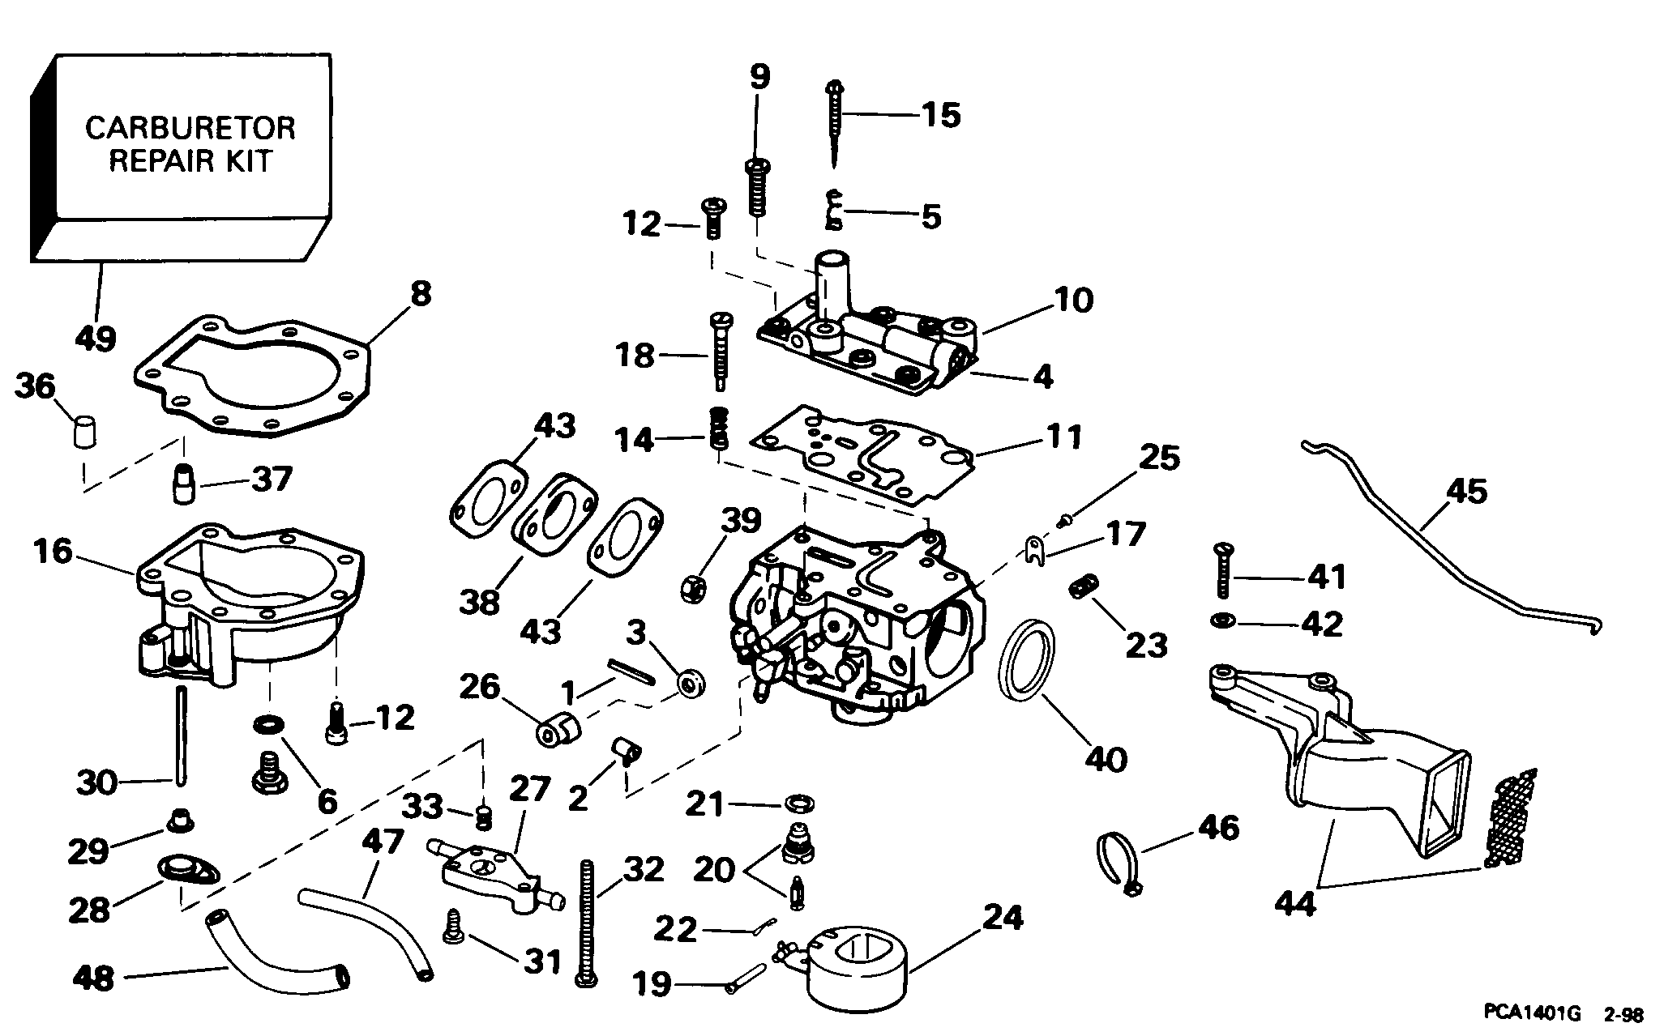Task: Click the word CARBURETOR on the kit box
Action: click(x=190, y=128)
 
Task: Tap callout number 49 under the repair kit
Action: click(x=95, y=337)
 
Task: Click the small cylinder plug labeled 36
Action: click(x=81, y=430)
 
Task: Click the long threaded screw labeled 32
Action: click(x=586, y=923)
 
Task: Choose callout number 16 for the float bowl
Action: click(x=53, y=553)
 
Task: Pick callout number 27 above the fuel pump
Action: click(x=528, y=789)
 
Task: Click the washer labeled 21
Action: click(x=799, y=804)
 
